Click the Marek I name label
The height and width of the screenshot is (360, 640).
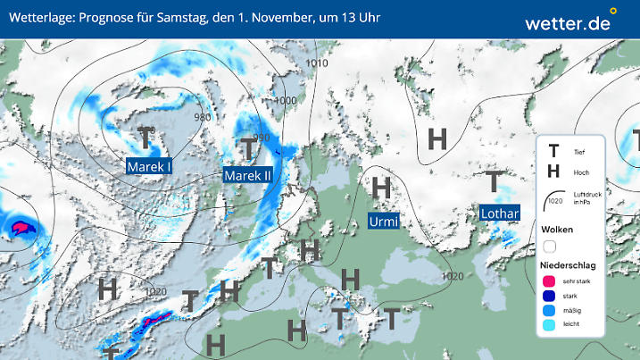tap(149, 166)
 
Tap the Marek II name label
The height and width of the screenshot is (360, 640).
tap(247, 175)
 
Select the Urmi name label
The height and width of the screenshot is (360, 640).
tap(384, 221)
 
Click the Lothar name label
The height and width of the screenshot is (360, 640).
tap(500, 213)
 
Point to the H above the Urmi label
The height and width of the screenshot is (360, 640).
tap(382, 188)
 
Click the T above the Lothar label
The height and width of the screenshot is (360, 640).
tap(494, 182)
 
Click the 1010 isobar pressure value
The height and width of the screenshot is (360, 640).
tap(316, 63)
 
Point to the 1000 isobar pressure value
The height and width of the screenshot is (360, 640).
tap(285, 100)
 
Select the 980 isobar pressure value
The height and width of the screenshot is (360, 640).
tap(203, 117)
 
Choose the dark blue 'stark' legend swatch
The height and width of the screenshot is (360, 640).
tap(550, 296)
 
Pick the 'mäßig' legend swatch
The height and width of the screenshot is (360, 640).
tap(550, 310)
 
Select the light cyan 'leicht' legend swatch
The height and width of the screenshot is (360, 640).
tap(550, 325)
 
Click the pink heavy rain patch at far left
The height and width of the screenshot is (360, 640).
tap(20, 227)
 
